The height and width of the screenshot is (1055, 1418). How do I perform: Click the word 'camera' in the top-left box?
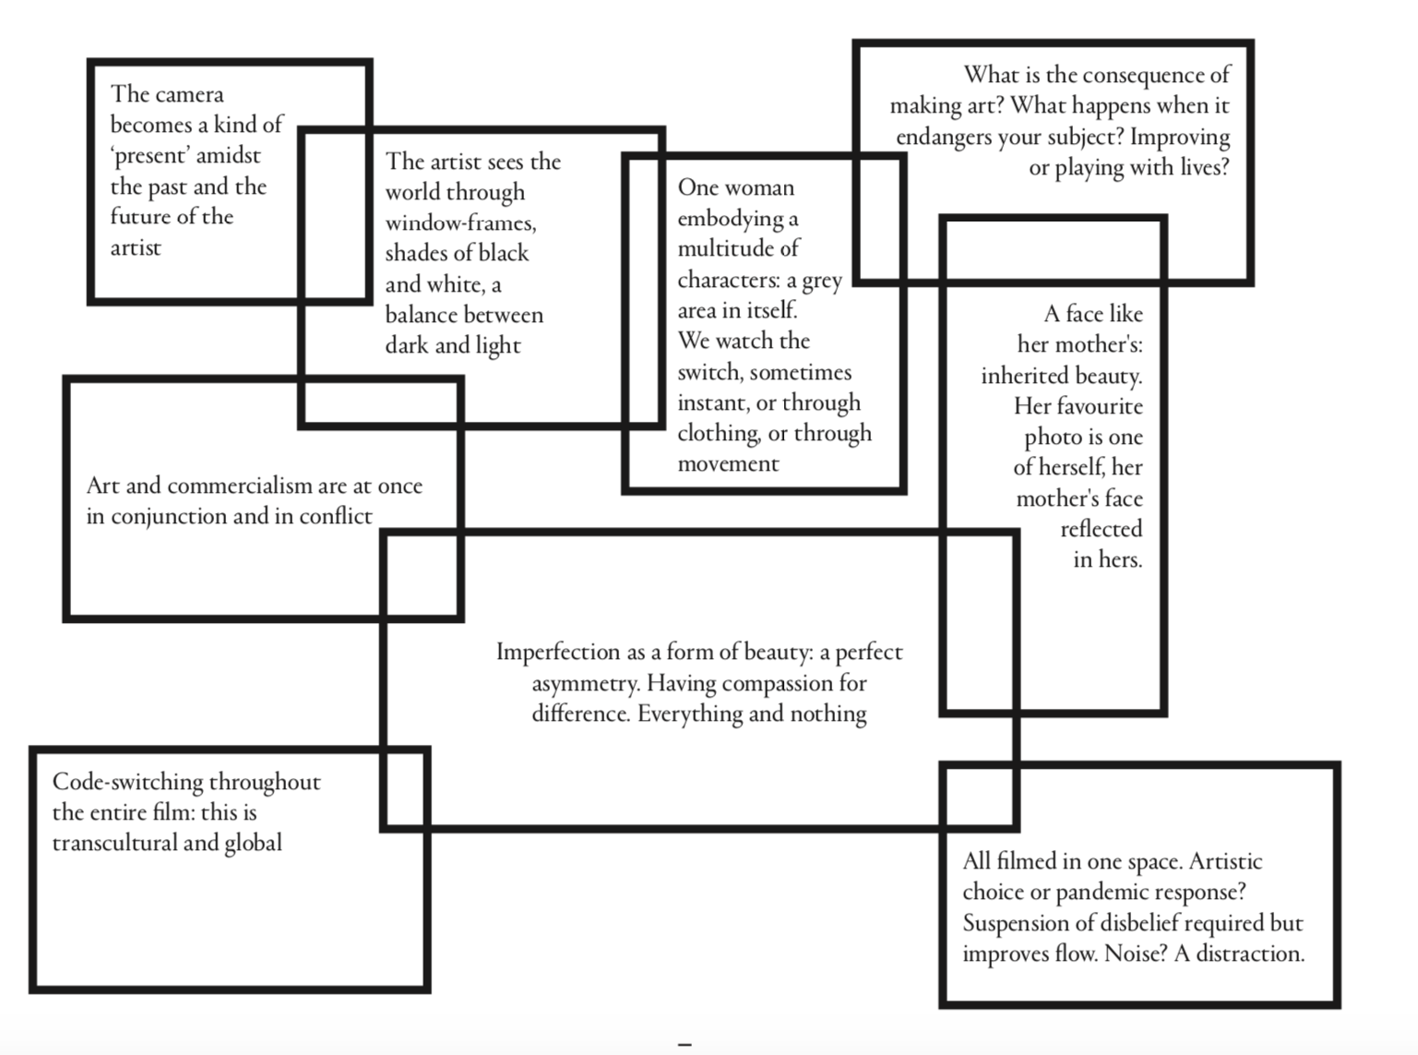point(190,94)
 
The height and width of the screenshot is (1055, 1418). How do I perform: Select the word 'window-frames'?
point(459,222)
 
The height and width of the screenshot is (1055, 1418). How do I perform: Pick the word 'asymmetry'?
point(585,683)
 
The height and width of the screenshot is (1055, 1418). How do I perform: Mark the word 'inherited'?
point(1023,376)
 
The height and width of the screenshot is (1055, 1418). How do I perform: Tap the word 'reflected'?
point(1101,529)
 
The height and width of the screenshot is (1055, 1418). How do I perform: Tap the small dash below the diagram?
point(685,1044)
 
